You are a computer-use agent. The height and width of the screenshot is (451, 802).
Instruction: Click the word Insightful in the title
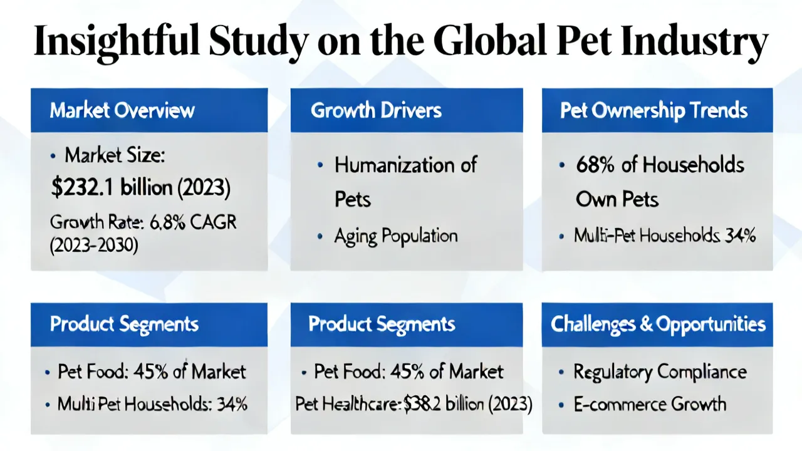pyautogui.click(x=116, y=42)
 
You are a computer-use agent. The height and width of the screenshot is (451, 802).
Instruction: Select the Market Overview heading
pyautogui.click(x=122, y=110)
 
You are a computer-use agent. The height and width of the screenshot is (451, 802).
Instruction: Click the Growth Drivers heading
pyautogui.click(x=376, y=110)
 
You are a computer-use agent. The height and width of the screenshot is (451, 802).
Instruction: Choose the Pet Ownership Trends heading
pyautogui.click(x=654, y=111)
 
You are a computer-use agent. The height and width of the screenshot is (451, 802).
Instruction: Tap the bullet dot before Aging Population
pyautogui.click(x=320, y=236)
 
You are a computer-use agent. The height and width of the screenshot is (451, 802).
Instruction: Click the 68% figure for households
pyautogui.click(x=595, y=165)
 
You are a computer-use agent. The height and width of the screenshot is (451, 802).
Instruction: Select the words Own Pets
pyautogui.click(x=617, y=199)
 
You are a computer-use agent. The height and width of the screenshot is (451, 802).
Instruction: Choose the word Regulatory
pyautogui.click(x=613, y=372)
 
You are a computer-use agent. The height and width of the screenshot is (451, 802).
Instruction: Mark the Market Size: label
pyautogui.click(x=115, y=156)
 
